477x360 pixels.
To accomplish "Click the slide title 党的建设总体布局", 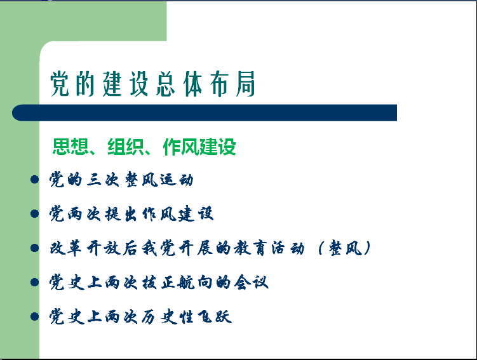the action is [x=152, y=84].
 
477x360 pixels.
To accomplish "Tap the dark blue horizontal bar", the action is [x=205, y=113].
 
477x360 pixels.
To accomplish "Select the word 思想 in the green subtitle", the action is [x=71, y=147].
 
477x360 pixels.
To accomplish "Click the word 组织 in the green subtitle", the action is [x=126, y=147].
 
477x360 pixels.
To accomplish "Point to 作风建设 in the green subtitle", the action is [x=199, y=147].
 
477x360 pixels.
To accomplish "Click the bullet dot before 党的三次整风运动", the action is [x=35, y=180].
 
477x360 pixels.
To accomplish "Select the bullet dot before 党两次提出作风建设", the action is [x=35, y=213].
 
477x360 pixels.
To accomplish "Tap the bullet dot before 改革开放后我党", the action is [x=35, y=248].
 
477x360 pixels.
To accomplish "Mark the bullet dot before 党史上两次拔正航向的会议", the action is [x=35, y=282].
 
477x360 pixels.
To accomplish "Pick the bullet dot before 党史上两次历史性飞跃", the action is [x=35, y=317].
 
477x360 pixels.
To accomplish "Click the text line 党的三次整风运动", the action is [x=121, y=180].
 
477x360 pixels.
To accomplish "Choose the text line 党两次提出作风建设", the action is [x=131, y=213].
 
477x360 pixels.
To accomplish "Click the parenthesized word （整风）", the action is [x=344, y=248].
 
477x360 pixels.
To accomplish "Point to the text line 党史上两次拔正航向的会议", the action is [x=159, y=282].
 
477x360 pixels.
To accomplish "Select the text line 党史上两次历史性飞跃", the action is [x=140, y=317].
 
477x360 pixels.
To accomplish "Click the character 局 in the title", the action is [x=245, y=84].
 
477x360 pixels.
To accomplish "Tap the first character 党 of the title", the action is [x=60, y=84].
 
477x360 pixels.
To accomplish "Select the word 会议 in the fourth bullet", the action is [x=251, y=282].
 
